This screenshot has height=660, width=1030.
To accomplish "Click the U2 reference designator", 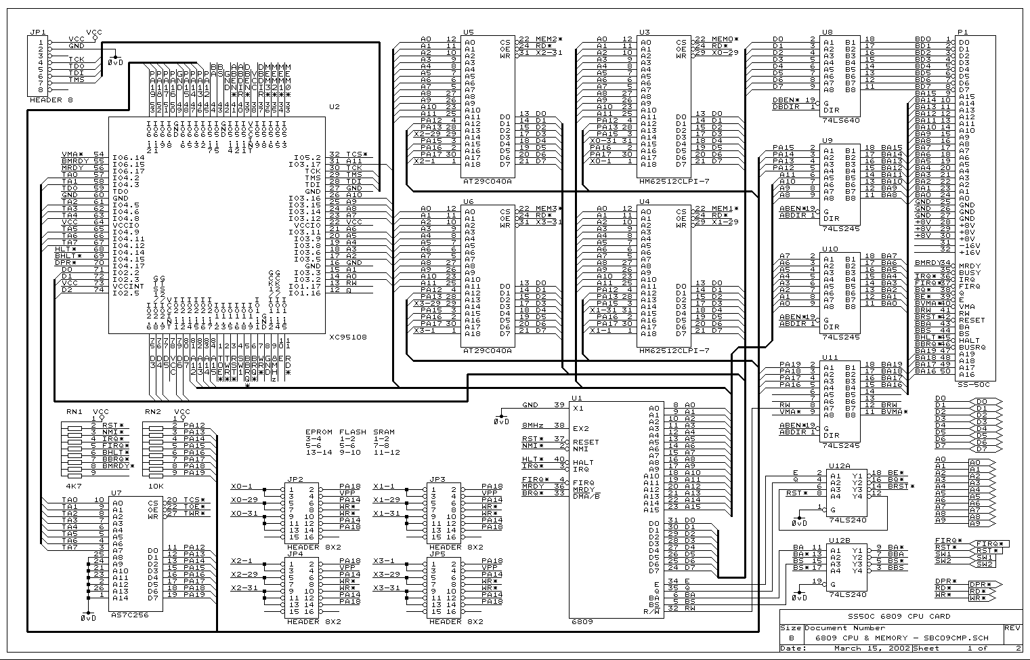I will (334, 107).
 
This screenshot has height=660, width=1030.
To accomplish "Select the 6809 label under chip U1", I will (582, 621).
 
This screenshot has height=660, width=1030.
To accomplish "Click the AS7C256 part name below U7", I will (129, 615).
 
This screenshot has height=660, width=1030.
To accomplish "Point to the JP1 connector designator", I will (38, 32).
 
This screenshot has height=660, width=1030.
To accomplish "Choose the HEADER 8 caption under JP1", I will (51, 100).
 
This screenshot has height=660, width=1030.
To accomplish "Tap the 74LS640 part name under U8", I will (840, 120).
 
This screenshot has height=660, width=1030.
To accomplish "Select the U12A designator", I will (840, 466).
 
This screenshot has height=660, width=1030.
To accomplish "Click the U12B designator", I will (840, 541).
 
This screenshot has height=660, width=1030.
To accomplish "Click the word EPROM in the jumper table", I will (319, 432).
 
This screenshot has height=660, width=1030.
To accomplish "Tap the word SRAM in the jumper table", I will (384, 432).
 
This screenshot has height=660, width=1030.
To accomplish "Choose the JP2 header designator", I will (295, 479).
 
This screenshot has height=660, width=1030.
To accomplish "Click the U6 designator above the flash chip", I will (469, 202).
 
